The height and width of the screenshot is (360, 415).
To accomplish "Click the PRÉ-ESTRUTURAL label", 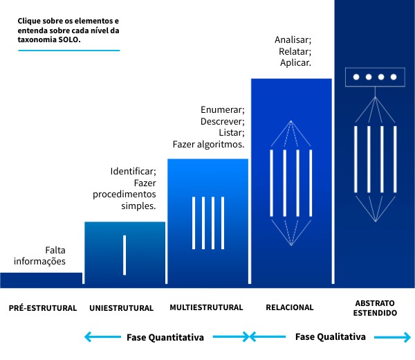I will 42,308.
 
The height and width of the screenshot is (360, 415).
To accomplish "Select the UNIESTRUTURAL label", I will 122,308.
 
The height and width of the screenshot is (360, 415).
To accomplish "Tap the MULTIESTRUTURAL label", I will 206,307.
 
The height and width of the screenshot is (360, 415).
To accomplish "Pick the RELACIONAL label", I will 289,307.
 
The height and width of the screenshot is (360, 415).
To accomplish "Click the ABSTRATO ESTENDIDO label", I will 375,308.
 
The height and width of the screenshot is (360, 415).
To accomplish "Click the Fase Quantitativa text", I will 165,338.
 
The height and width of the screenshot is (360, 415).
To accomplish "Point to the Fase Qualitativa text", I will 330,337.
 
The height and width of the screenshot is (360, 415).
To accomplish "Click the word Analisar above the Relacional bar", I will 293,39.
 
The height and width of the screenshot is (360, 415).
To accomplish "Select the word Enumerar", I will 223,109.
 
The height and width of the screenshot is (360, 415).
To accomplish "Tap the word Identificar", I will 133,171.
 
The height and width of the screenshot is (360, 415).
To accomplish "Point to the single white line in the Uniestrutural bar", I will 124,255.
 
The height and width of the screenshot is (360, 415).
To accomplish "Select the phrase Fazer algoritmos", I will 208,145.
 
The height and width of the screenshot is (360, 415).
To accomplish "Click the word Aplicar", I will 295,63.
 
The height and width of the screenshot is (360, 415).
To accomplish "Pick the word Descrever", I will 223,121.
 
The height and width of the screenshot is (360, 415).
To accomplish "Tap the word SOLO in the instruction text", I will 70,40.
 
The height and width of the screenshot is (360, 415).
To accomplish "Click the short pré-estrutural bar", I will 41,279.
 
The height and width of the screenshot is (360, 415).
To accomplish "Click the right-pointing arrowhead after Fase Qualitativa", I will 406,337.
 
